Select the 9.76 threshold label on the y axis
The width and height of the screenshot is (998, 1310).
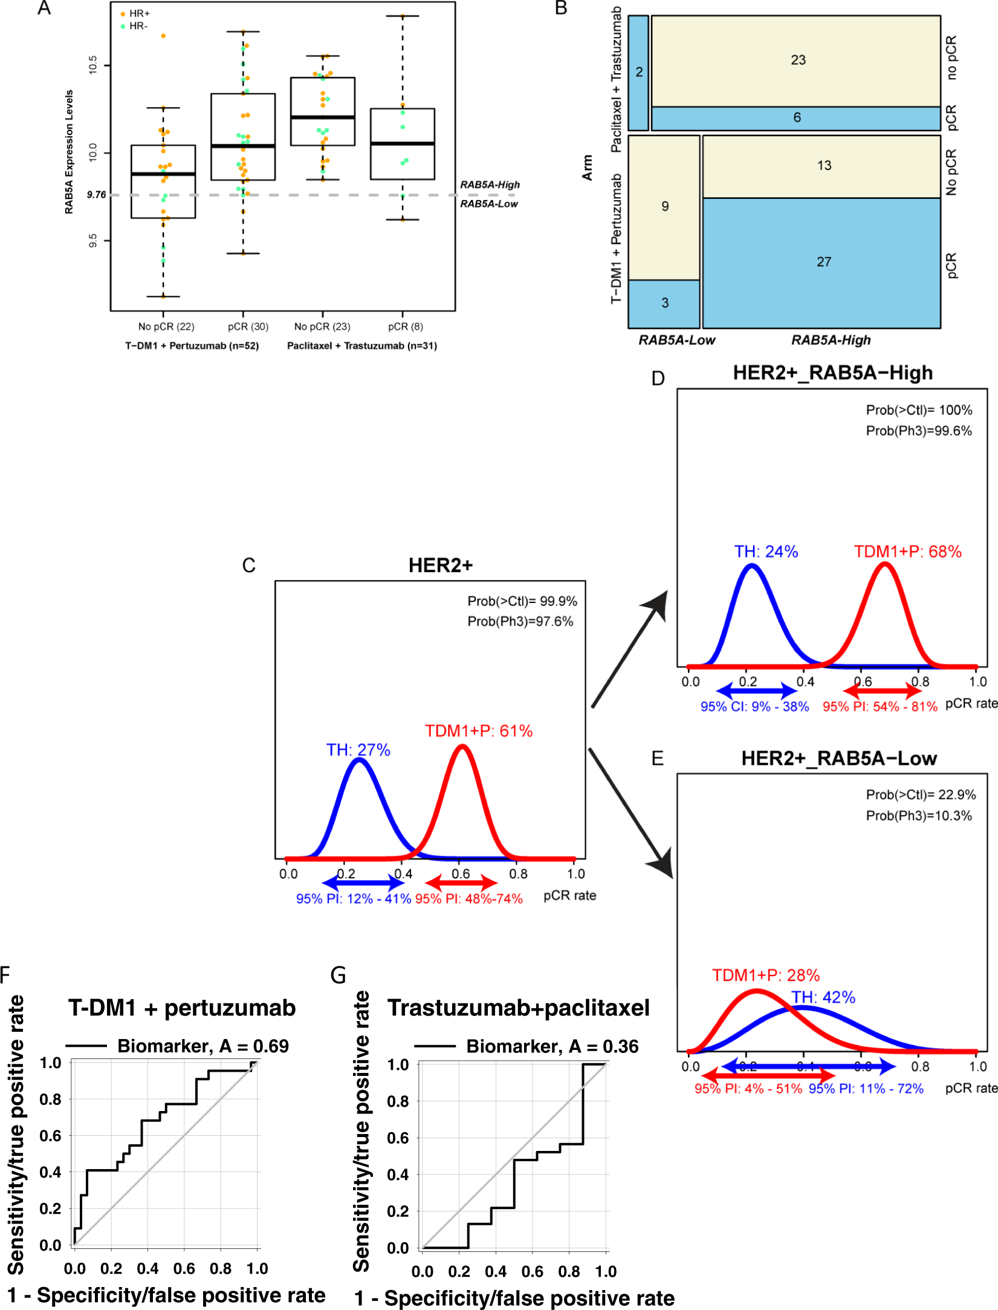pos(96,195)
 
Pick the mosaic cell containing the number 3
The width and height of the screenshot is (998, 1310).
pos(664,303)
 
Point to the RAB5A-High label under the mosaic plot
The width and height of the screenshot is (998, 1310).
pos(831,340)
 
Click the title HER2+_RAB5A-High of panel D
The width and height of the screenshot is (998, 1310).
pos(832,373)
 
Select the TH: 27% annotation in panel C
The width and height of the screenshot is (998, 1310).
pos(358,750)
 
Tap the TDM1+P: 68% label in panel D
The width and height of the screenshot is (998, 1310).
pos(907,552)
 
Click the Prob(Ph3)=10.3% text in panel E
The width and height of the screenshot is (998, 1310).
pos(918,815)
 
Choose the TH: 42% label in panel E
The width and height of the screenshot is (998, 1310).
pos(823,997)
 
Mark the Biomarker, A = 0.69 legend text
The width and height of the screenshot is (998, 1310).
pos(203,1046)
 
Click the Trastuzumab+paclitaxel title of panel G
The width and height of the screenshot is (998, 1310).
pos(518,1008)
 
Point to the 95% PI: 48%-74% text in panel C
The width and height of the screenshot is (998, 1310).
pos(468,899)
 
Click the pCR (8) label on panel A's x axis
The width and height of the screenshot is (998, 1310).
pos(405,327)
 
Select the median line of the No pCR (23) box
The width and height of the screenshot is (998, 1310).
pos(322,117)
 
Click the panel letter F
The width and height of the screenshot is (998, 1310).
pos(5,975)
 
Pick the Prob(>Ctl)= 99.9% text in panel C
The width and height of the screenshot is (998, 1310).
pos(522,601)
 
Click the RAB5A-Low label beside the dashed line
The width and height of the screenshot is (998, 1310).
pos(488,204)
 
